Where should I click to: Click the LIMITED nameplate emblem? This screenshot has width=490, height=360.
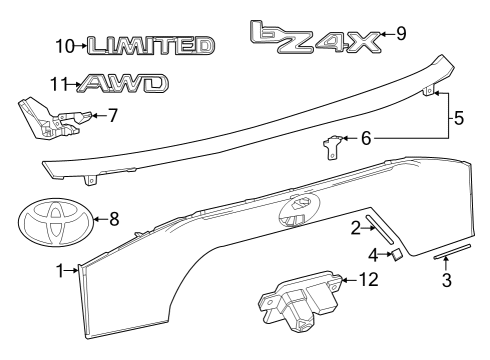(x=149, y=45)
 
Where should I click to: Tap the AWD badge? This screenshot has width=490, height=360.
(x=123, y=84)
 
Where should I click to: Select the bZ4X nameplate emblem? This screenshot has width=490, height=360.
(x=315, y=36)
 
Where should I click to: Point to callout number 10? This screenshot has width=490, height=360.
(x=65, y=45)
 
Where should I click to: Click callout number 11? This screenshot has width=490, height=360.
(x=59, y=84)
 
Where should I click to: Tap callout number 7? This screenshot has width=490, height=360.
(x=113, y=115)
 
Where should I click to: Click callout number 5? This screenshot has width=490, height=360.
(x=458, y=118)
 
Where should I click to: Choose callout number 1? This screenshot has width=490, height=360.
(x=61, y=269)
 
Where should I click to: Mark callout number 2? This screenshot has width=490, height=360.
(x=355, y=230)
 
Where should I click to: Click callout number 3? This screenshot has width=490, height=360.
(x=446, y=280)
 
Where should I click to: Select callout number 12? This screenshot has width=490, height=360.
(x=369, y=281)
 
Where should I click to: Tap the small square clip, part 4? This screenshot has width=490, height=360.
(x=395, y=255)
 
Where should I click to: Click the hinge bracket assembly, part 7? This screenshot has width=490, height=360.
(x=50, y=117)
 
